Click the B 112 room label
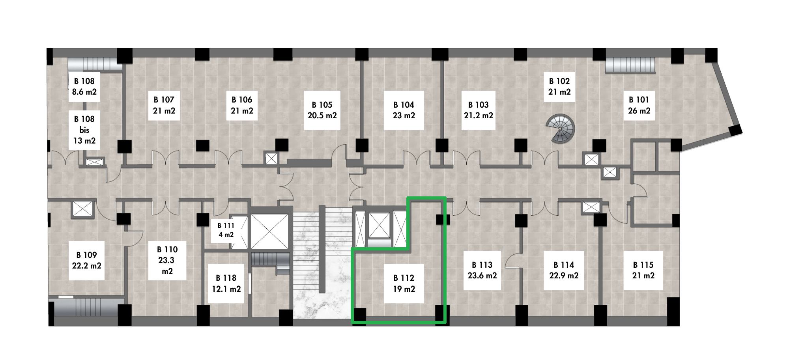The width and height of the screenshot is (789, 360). [404, 284]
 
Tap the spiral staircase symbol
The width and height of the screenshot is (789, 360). [560, 129]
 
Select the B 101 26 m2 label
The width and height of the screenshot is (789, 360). [639, 105]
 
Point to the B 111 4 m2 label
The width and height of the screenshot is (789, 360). [226, 230]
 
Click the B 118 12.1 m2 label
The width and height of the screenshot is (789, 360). [226, 284]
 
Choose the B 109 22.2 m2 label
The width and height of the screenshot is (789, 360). [86, 261]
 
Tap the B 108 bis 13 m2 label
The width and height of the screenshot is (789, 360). [84, 130]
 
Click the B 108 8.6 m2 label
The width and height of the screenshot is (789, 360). [84, 87]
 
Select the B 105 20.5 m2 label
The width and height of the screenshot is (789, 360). [322, 110]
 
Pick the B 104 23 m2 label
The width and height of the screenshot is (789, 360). [404, 110]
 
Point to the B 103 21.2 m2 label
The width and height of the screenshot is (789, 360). [479, 110]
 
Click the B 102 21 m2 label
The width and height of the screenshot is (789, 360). [559, 87]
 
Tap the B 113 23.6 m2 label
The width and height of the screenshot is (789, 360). [482, 270]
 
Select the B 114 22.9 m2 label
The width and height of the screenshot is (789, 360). [564, 270]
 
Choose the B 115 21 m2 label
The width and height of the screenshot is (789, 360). [643, 270]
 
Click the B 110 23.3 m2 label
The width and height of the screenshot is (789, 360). [167, 261]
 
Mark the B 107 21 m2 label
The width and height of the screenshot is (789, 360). [164, 105]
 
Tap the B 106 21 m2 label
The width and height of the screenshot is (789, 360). [242, 105]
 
